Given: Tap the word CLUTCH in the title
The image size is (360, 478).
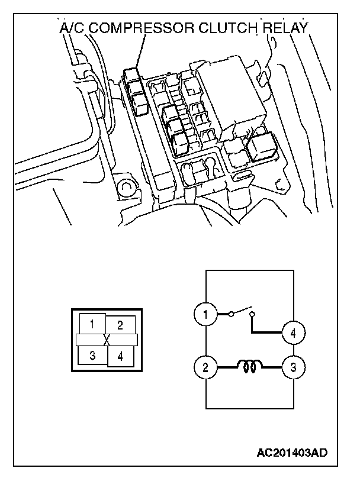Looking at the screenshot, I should pos(227,28).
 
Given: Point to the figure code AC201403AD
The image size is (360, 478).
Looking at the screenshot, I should pos(291,453).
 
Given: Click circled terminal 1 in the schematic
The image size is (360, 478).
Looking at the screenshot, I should pos(205,314).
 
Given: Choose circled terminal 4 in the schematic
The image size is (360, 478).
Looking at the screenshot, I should pos(292,334).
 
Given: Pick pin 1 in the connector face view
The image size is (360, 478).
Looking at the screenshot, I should pos(92,324).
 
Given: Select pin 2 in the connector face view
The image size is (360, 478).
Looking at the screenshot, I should pos(120,325).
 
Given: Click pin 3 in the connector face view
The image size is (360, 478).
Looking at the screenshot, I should pos(93,355).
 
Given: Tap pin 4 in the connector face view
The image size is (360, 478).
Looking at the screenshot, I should pos(120,356).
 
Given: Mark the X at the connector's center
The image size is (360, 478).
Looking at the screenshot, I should pos(107,340).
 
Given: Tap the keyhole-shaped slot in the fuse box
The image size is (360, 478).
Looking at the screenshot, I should pos(210,166).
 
